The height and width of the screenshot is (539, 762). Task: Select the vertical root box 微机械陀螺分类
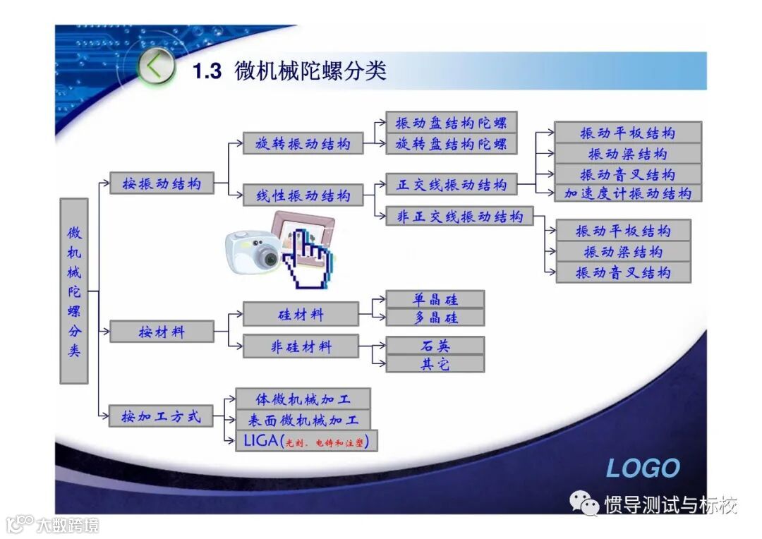[74, 291]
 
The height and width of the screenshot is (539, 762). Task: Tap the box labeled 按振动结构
[162, 183]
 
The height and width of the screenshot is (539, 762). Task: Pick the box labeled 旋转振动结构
[303, 144]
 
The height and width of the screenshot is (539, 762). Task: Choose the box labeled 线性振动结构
[303, 195]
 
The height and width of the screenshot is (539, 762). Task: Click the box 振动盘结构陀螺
[451, 123]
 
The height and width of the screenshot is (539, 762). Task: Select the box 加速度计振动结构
[628, 193]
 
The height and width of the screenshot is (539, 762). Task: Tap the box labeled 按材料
[162, 331]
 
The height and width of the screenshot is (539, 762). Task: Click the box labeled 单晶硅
[435, 299]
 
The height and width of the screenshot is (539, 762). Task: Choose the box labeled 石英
[435, 346]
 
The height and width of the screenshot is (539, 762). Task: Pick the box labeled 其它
[435, 364]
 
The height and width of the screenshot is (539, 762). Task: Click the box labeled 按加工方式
[162, 416]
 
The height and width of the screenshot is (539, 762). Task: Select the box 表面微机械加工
[303, 420]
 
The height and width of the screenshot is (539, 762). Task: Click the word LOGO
[643, 468]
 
